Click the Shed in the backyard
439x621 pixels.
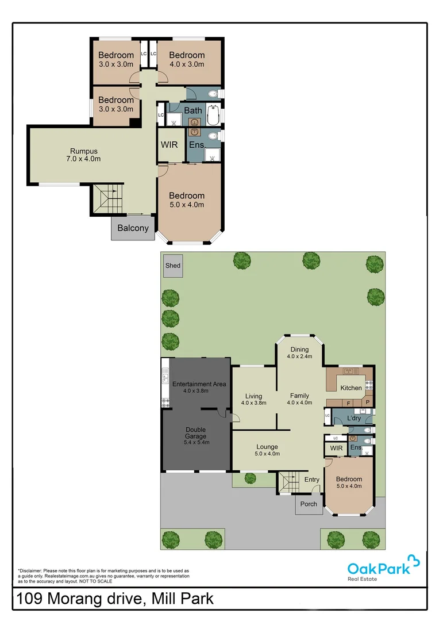pyautogui.click(x=173, y=266)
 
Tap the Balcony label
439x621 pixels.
pyautogui.click(x=133, y=228)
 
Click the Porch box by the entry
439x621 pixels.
pyautogui.click(x=309, y=504)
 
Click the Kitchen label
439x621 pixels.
pyautogui.click(x=351, y=388)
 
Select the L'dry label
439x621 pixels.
pyautogui.click(x=354, y=419)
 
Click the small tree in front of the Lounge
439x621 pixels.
pyautogui.click(x=250, y=478)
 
